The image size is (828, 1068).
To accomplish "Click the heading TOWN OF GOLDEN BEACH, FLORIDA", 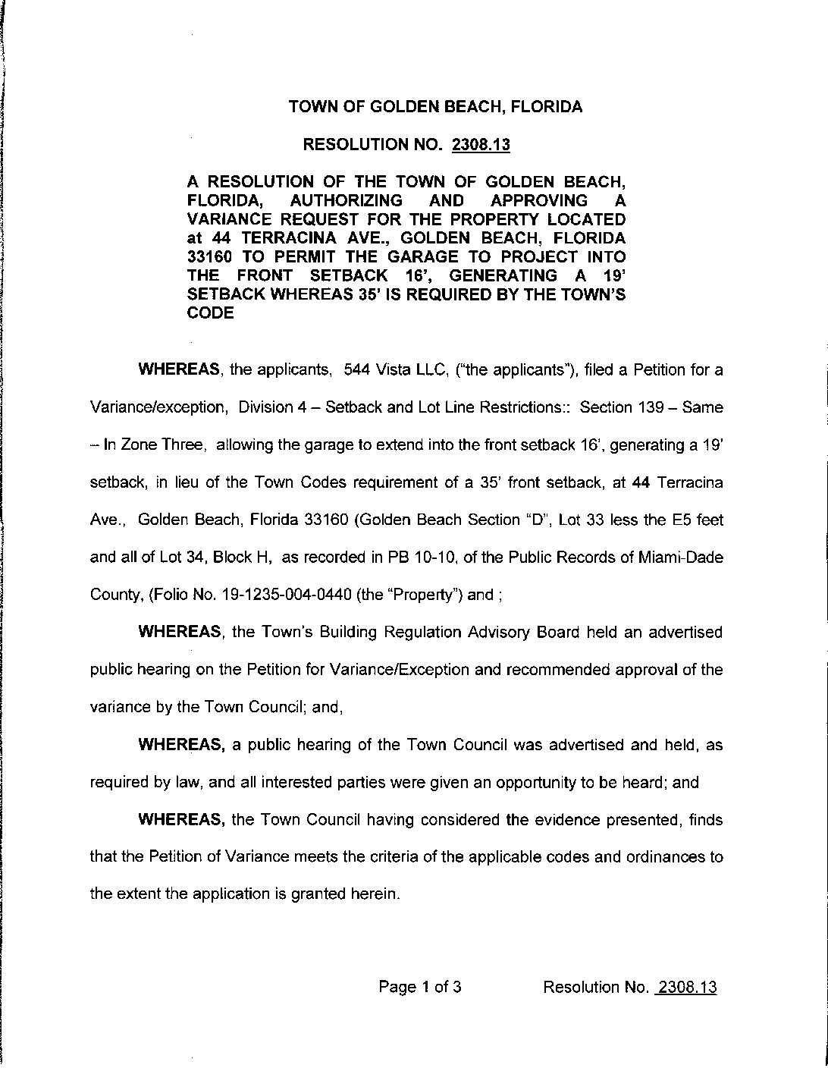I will pos(435,107).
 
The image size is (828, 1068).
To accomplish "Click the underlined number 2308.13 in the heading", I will pos(481,144).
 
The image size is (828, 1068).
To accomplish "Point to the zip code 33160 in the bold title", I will pos(211,256).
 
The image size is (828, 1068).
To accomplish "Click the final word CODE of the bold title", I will pos(210,313).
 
